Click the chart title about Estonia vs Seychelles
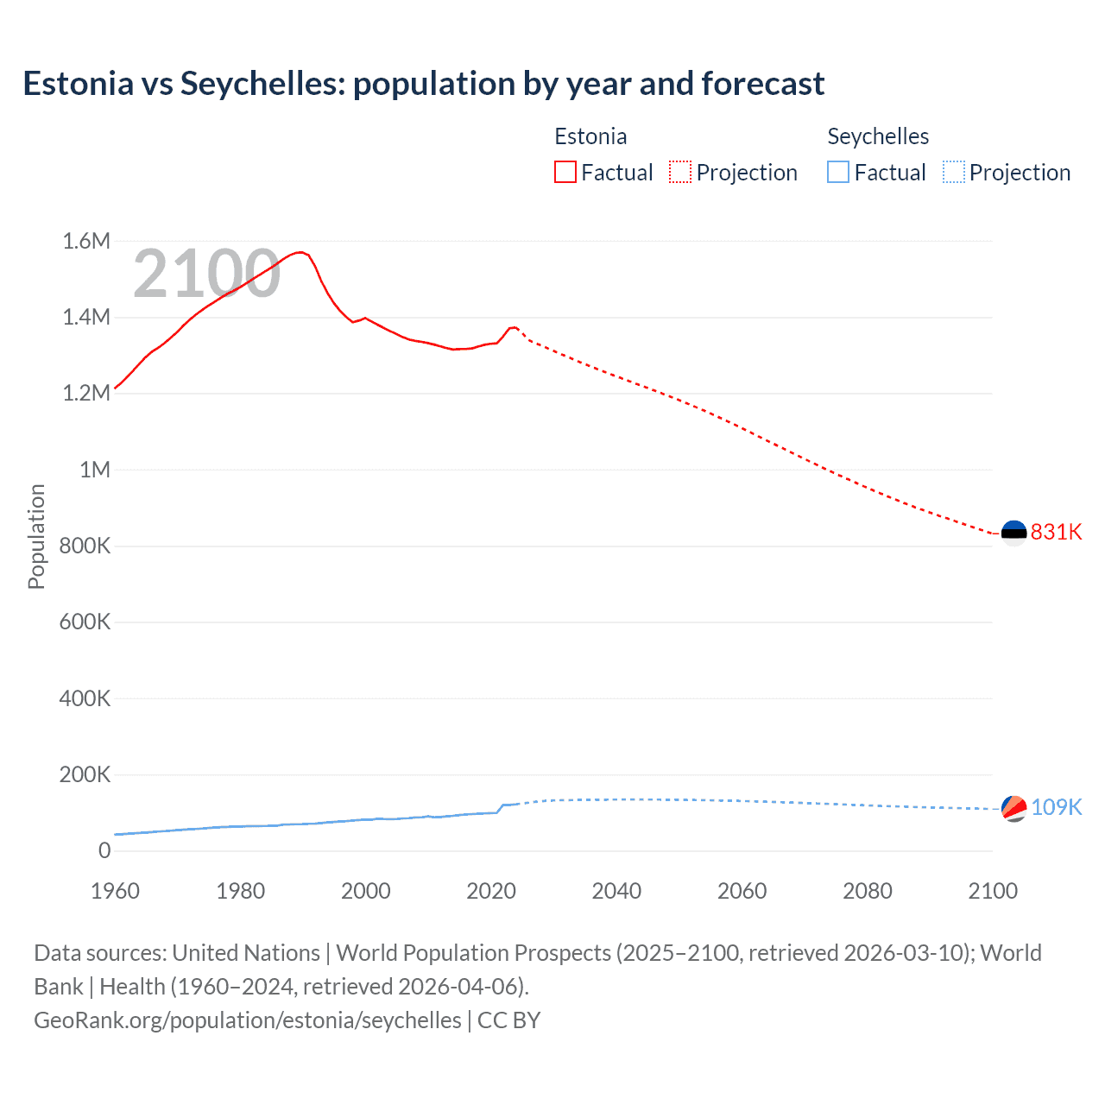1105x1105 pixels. [424, 84]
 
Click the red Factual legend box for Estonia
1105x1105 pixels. [565, 172]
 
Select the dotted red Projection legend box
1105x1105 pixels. [680, 172]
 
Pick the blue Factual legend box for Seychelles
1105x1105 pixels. [838, 172]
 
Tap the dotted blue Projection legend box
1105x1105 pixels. [954, 172]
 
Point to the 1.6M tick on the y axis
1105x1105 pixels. [86, 241]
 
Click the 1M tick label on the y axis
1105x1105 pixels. [95, 470]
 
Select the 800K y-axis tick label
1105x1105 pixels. [85, 546]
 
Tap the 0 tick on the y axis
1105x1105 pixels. [104, 850]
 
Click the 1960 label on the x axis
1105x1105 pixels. [115, 891]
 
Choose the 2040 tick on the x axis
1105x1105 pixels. [616, 891]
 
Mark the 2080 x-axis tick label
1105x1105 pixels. [868, 891]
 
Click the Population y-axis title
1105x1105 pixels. [36, 536]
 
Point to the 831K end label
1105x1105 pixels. [1056, 532]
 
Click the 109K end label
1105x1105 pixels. [1056, 807]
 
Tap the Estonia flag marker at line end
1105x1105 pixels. [1013, 533]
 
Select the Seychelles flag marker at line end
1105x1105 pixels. [1013, 808]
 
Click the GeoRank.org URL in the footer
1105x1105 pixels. [248, 1020]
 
